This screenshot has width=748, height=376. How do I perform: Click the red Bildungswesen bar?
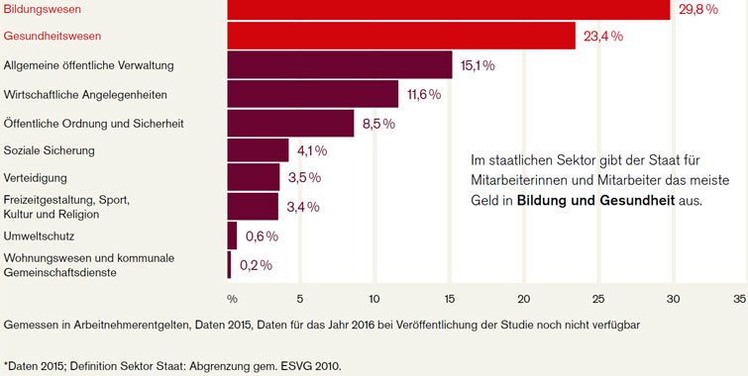click(x=449, y=8)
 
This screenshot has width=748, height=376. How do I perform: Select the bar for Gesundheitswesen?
click(x=401, y=36)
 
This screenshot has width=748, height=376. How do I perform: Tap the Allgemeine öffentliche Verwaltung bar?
click(x=340, y=65)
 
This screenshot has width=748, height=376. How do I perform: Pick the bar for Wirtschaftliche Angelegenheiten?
click(x=313, y=94)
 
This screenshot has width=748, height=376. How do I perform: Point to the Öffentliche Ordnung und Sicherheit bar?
click(x=290, y=123)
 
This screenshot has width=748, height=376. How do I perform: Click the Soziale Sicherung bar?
click(x=258, y=150)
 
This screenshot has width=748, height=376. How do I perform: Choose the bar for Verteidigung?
click(x=254, y=178)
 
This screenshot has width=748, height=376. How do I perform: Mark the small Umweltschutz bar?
click(x=232, y=235)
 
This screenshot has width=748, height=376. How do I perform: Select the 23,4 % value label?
click(x=603, y=37)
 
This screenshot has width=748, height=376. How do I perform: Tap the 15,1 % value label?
click(x=478, y=65)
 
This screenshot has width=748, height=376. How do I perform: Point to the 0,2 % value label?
click(x=256, y=264)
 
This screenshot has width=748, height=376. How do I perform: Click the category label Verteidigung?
click(x=37, y=179)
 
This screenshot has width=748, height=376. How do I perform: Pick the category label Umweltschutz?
click(x=41, y=236)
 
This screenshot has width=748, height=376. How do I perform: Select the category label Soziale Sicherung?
click(x=50, y=150)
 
